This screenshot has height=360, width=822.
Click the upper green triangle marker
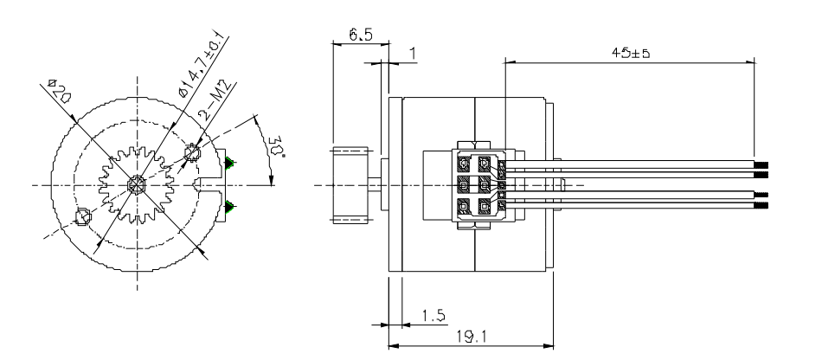(230, 163)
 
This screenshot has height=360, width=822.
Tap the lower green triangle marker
(230, 205)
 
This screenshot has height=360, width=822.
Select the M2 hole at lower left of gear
(84, 216)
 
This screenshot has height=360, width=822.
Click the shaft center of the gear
(137, 184)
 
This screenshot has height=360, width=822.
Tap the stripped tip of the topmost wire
(762, 164)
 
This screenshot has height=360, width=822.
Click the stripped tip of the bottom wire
(762, 206)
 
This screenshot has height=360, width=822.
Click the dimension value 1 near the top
(413, 54)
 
